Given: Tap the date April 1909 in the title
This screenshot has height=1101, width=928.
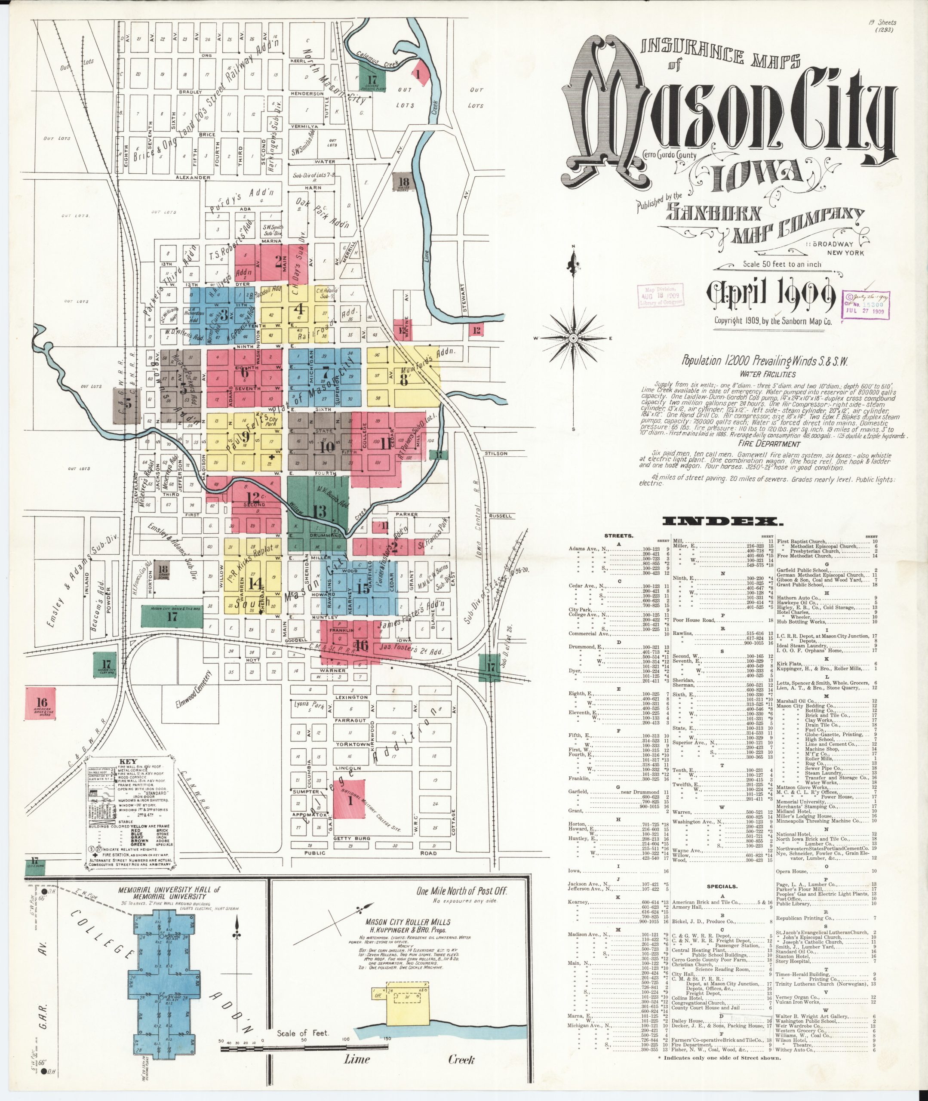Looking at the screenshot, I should pos(771,296).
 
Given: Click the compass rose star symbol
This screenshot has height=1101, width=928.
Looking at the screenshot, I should pos(573,337).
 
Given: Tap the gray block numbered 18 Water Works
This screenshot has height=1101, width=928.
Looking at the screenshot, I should pos(404,182).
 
